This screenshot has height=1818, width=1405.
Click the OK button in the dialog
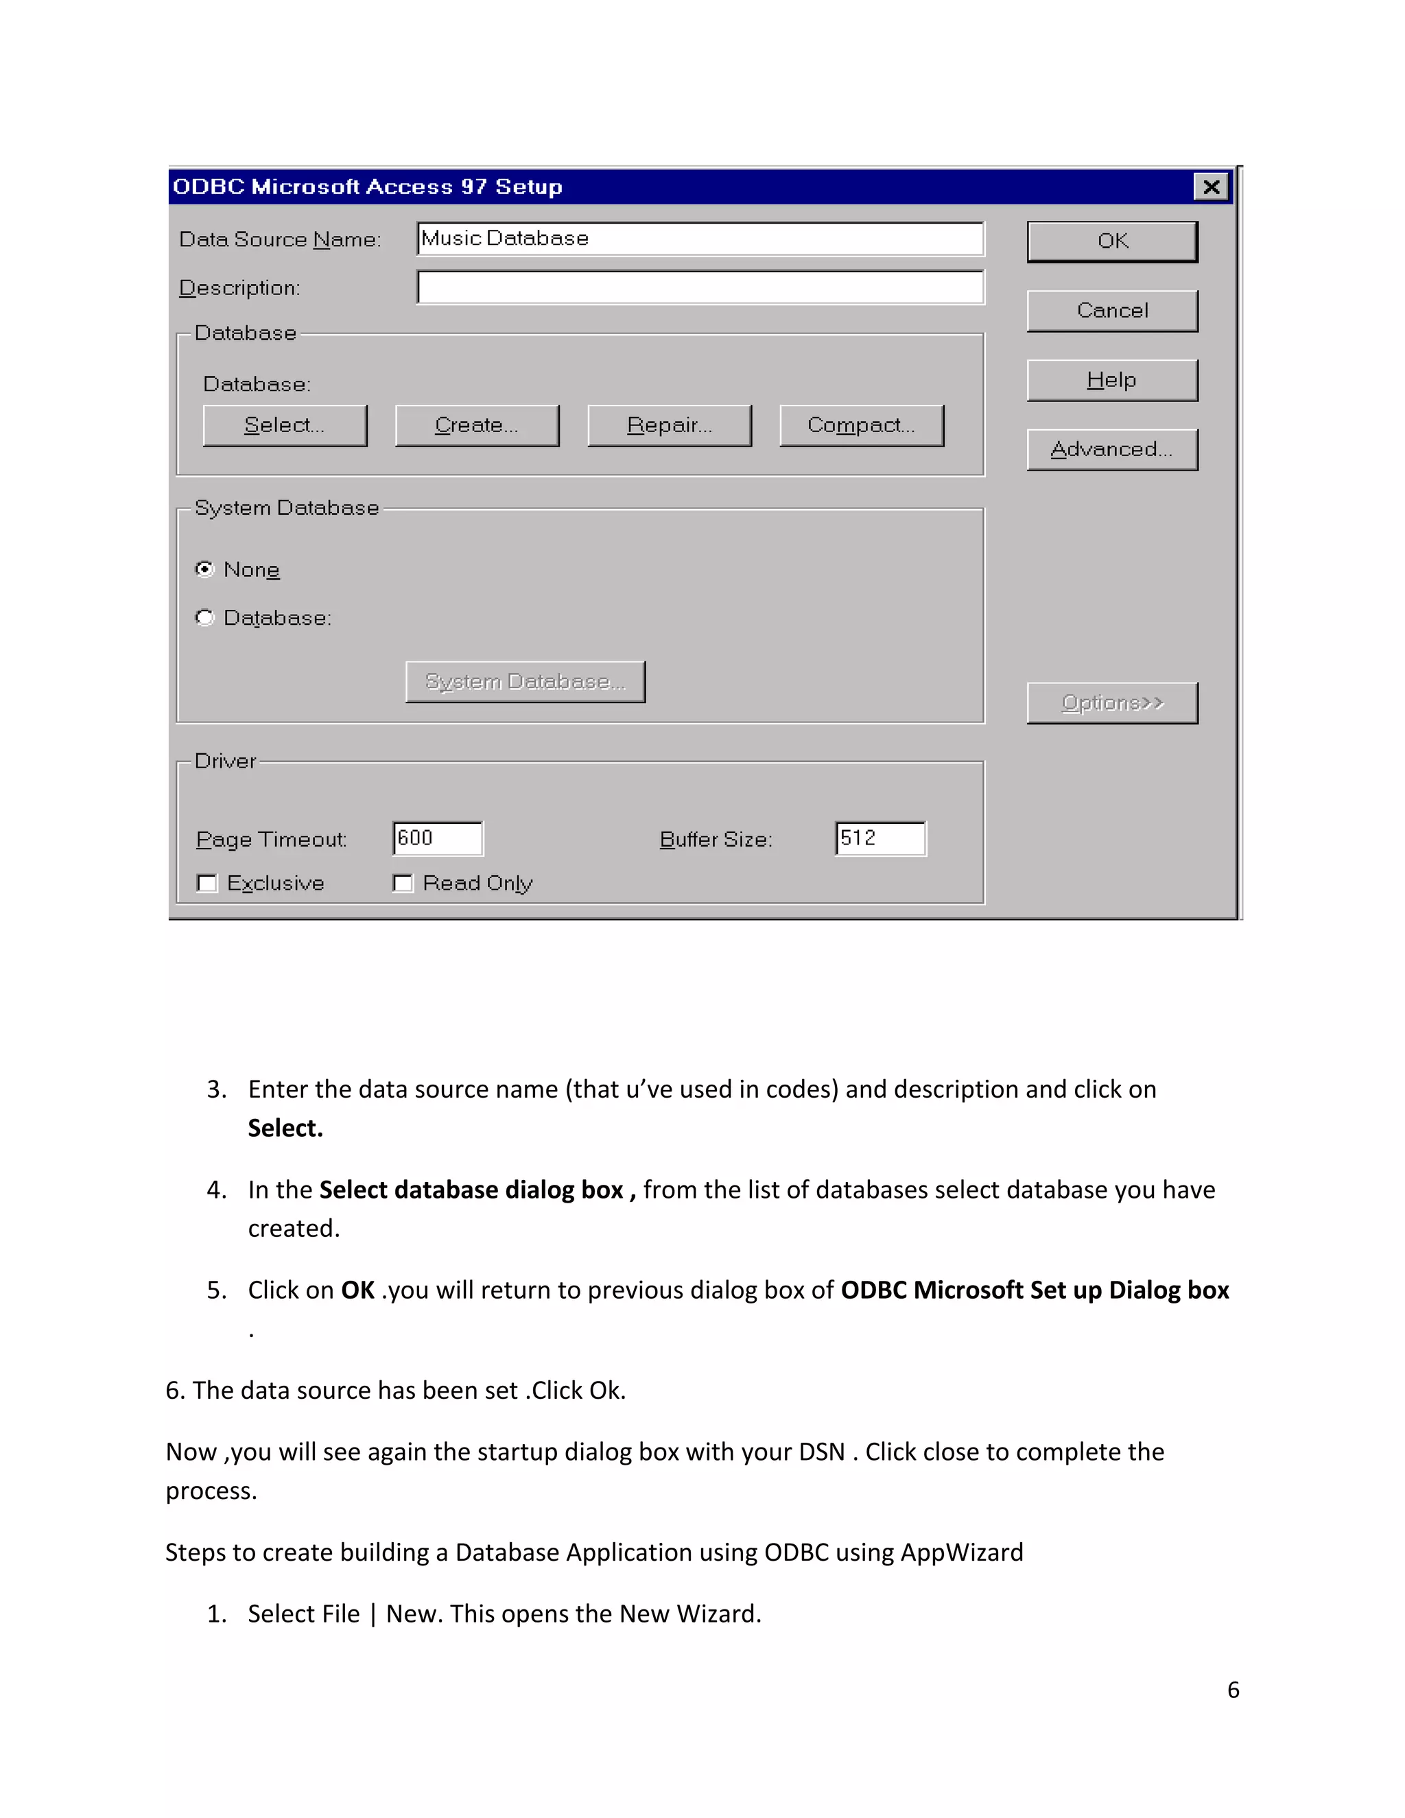[x=1112, y=241]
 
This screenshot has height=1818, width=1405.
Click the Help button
[x=1112, y=381]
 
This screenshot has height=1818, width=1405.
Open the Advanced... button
[x=1112, y=449]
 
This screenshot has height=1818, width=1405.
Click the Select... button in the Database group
[x=285, y=425]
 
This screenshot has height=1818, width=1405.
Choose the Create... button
[x=477, y=425]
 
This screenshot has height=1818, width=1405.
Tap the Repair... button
[x=669, y=425]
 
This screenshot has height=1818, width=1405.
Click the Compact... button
[x=862, y=425]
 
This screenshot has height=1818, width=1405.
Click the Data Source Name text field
[x=699, y=239]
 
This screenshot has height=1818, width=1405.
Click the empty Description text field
[x=699, y=287]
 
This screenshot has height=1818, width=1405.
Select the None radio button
[x=204, y=569]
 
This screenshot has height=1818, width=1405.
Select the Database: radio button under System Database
[x=204, y=617]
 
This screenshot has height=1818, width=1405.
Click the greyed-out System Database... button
[x=526, y=682]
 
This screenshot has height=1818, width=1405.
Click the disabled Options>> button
[x=1112, y=703]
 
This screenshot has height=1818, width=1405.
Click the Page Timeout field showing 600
[x=438, y=838]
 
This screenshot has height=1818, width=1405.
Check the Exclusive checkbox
[x=207, y=883]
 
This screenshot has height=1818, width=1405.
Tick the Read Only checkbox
[x=403, y=883]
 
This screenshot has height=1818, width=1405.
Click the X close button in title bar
[x=1211, y=187]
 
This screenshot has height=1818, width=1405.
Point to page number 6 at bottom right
[x=1233, y=1689]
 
